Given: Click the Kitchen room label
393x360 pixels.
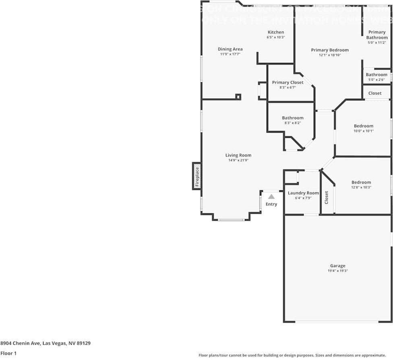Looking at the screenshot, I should coord(276,32).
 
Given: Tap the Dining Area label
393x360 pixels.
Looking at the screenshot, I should coord(230,49).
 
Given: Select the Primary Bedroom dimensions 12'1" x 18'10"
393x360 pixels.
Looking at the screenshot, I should coord(330,55).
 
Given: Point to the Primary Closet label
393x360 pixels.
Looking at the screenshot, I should coord(288,82).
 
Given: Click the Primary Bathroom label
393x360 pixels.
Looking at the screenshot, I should coord(377,35).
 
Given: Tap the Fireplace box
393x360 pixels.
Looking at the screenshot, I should coord(197,176).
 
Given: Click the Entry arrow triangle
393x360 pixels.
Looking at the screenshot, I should coord(271,197).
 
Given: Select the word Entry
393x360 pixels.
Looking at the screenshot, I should coord(271,204).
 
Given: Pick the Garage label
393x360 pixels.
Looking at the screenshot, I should coord(337,266).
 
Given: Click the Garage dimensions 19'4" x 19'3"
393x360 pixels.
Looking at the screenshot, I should coord(337,271).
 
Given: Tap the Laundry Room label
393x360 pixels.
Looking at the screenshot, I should coord(303,193).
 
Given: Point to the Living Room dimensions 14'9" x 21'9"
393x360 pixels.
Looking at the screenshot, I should coord(238,160).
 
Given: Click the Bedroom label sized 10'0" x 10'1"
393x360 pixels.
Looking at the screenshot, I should coord(363,126).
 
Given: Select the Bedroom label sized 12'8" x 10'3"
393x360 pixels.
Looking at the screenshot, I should coord(361,182).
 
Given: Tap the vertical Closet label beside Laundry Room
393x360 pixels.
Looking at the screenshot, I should coord(327,197).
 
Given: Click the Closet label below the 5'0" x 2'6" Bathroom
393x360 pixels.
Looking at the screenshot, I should coord(374,93).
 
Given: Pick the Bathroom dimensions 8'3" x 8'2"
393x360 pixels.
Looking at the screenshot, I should coord(292,123).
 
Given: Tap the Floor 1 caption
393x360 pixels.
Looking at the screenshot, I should coord(8,353).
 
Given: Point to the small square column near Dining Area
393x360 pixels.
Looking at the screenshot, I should coord(238,97).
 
